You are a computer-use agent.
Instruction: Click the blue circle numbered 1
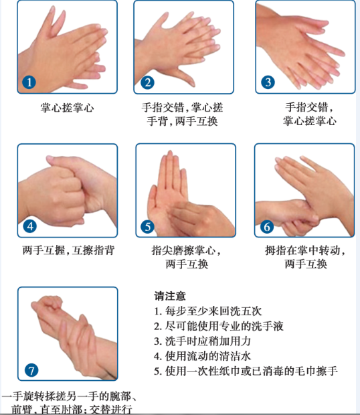[x=29, y=82]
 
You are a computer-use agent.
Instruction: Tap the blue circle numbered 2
[x=148, y=82]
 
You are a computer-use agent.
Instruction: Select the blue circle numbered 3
[x=268, y=82]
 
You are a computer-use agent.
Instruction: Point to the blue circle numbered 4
[x=30, y=226]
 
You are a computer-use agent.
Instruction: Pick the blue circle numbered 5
[x=148, y=227]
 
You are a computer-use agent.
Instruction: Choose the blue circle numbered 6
[x=267, y=227]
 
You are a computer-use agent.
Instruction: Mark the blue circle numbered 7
[x=31, y=370]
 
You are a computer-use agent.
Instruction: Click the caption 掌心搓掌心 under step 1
[x=67, y=108]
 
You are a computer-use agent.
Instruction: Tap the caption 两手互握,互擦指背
[x=68, y=250]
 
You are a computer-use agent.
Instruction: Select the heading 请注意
[x=170, y=296]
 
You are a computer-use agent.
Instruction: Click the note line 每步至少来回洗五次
[x=208, y=311]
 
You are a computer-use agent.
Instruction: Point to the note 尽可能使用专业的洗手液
[x=219, y=326]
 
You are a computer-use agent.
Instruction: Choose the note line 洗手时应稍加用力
[x=203, y=341]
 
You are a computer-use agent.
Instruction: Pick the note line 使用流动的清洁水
[x=203, y=356]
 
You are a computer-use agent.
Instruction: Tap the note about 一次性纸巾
[x=246, y=371]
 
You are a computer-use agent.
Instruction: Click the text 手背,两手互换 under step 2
[x=182, y=121]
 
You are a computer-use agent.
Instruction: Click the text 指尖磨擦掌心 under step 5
[x=183, y=250]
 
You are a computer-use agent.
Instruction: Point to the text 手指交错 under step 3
[x=306, y=108]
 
